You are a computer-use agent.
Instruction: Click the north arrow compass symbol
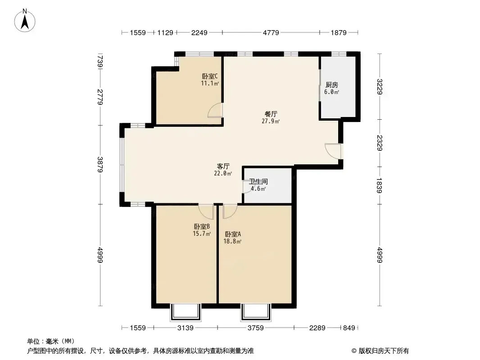(25, 21)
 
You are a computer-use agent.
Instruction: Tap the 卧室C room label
(210, 76)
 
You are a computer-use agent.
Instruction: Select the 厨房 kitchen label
(331, 85)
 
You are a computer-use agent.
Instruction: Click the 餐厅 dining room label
(271, 114)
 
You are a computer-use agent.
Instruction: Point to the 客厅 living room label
(223, 166)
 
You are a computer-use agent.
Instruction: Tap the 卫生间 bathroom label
(258, 182)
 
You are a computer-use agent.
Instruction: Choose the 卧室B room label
(202, 227)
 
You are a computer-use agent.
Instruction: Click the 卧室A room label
(233, 234)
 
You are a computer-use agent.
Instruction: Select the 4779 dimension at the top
(271, 32)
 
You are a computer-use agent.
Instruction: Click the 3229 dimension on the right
(380, 86)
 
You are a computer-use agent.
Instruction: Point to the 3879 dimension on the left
(100, 165)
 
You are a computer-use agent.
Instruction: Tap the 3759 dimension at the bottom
(256, 328)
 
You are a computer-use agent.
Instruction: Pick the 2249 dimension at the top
(199, 32)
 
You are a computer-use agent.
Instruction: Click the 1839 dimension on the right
(380, 185)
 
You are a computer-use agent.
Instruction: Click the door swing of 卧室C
(215, 110)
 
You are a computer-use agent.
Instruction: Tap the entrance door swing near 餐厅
(333, 151)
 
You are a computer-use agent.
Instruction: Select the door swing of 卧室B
(206, 211)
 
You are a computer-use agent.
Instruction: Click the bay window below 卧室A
(256, 312)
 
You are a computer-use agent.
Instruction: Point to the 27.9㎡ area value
(271, 121)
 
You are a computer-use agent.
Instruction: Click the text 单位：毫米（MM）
(51, 342)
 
